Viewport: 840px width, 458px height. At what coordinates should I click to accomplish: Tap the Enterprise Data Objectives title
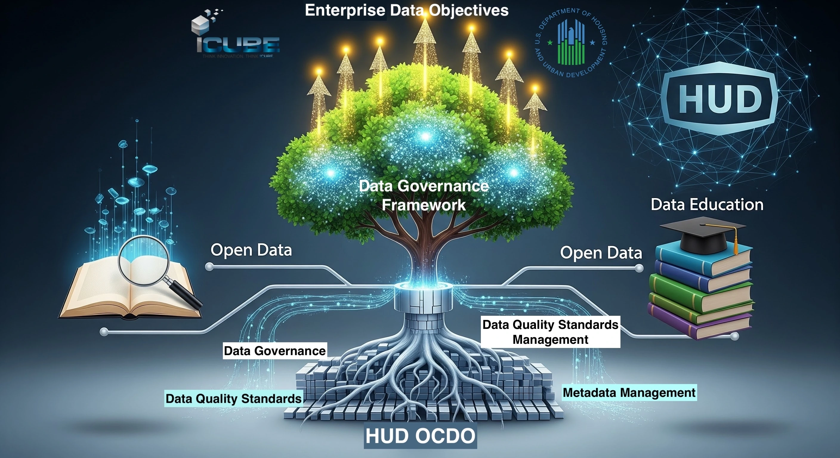click(406, 10)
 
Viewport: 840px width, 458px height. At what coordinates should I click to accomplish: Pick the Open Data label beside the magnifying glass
click(251, 250)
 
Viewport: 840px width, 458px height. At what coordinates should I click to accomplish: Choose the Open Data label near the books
click(601, 253)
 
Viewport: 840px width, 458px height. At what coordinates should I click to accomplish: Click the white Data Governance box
click(274, 351)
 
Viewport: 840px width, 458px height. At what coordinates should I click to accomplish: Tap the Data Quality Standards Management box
click(550, 332)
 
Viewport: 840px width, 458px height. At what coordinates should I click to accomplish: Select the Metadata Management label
click(629, 392)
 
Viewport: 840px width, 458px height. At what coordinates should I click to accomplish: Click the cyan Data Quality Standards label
click(234, 398)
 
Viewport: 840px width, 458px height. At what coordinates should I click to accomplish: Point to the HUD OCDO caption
click(420, 436)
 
